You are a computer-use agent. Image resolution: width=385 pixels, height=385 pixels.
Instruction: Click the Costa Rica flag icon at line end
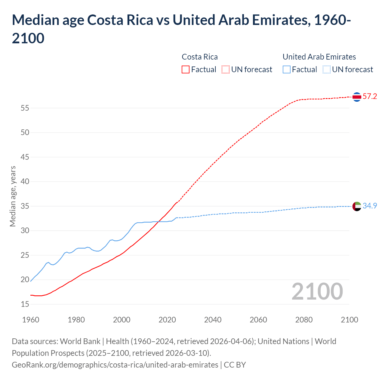tap(357, 97)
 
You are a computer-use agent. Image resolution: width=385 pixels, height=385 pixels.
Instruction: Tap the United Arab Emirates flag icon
tap(357, 206)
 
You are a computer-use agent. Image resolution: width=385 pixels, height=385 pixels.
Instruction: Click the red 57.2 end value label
tap(370, 97)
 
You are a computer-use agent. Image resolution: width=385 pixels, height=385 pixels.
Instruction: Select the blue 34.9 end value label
tap(370, 206)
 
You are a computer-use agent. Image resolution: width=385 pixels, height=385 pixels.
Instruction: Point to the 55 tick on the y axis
tap(25, 108)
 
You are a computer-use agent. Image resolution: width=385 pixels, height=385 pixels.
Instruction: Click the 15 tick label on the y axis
tap(25, 304)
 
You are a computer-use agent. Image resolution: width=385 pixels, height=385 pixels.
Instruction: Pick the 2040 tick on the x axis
tap(213, 320)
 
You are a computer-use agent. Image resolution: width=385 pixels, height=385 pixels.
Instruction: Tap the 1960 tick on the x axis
tap(31, 320)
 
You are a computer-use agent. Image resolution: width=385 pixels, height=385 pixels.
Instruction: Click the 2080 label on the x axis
tap(304, 320)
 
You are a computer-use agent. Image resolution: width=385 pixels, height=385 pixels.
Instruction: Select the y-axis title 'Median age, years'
tap(13, 196)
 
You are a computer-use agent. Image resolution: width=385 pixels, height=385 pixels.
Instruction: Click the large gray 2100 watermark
tap(317, 291)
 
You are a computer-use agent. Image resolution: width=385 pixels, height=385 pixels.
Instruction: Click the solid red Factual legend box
tap(186, 69)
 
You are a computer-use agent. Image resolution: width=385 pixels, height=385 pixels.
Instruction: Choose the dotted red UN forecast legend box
tap(226, 69)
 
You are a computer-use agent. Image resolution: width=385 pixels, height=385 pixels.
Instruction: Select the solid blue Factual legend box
tap(287, 69)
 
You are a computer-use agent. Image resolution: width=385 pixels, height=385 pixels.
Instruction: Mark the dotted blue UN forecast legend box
tap(327, 69)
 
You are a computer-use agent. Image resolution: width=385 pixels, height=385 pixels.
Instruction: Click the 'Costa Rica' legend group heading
tap(200, 57)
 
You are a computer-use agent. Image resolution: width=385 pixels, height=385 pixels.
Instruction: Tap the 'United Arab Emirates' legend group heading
tap(319, 57)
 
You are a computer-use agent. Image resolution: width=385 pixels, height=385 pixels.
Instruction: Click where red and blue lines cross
tap(158, 222)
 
